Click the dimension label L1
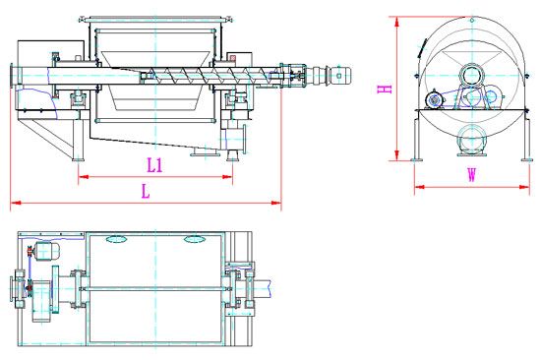154,165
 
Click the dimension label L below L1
146,192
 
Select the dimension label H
385,90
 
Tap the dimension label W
471,175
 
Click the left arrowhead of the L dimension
16,203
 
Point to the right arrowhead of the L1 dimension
227,177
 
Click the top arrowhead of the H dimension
397,22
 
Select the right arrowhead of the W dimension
524,187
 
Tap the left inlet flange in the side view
12,76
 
